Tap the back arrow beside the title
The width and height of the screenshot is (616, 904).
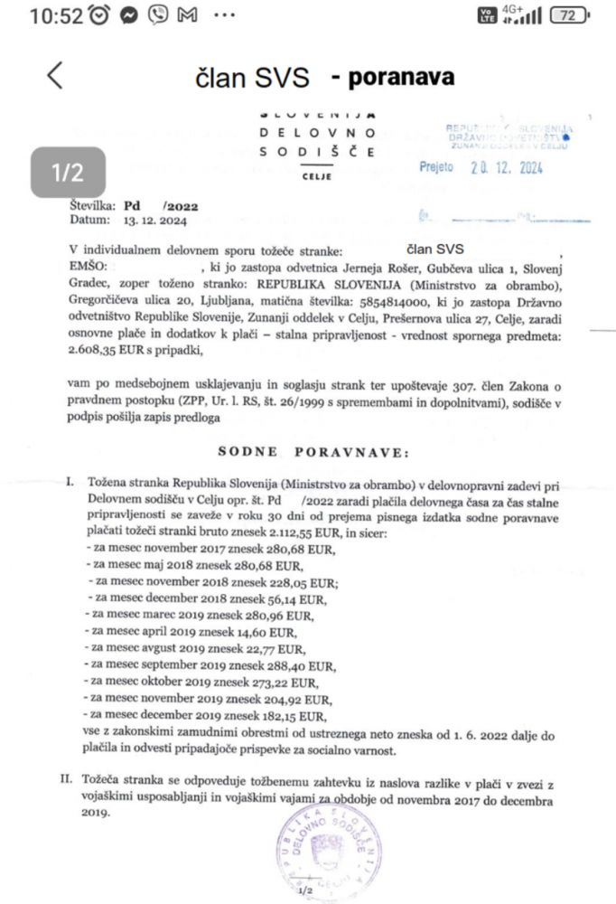point(55,75)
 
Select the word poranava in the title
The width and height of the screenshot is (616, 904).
point(393,78)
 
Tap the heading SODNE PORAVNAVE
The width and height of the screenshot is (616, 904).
point(312,449)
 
